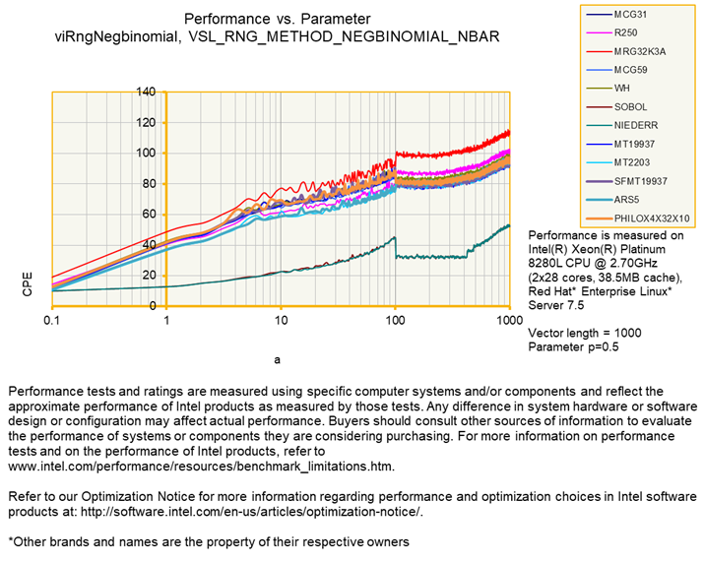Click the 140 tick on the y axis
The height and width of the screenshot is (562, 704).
(145, 92)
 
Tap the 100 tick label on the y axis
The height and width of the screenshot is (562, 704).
(145, 153)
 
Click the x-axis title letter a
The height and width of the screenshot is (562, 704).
(279, 360)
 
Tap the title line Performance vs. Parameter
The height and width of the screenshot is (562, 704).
(278, 19)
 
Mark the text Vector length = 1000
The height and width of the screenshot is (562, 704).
(585, 333)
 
